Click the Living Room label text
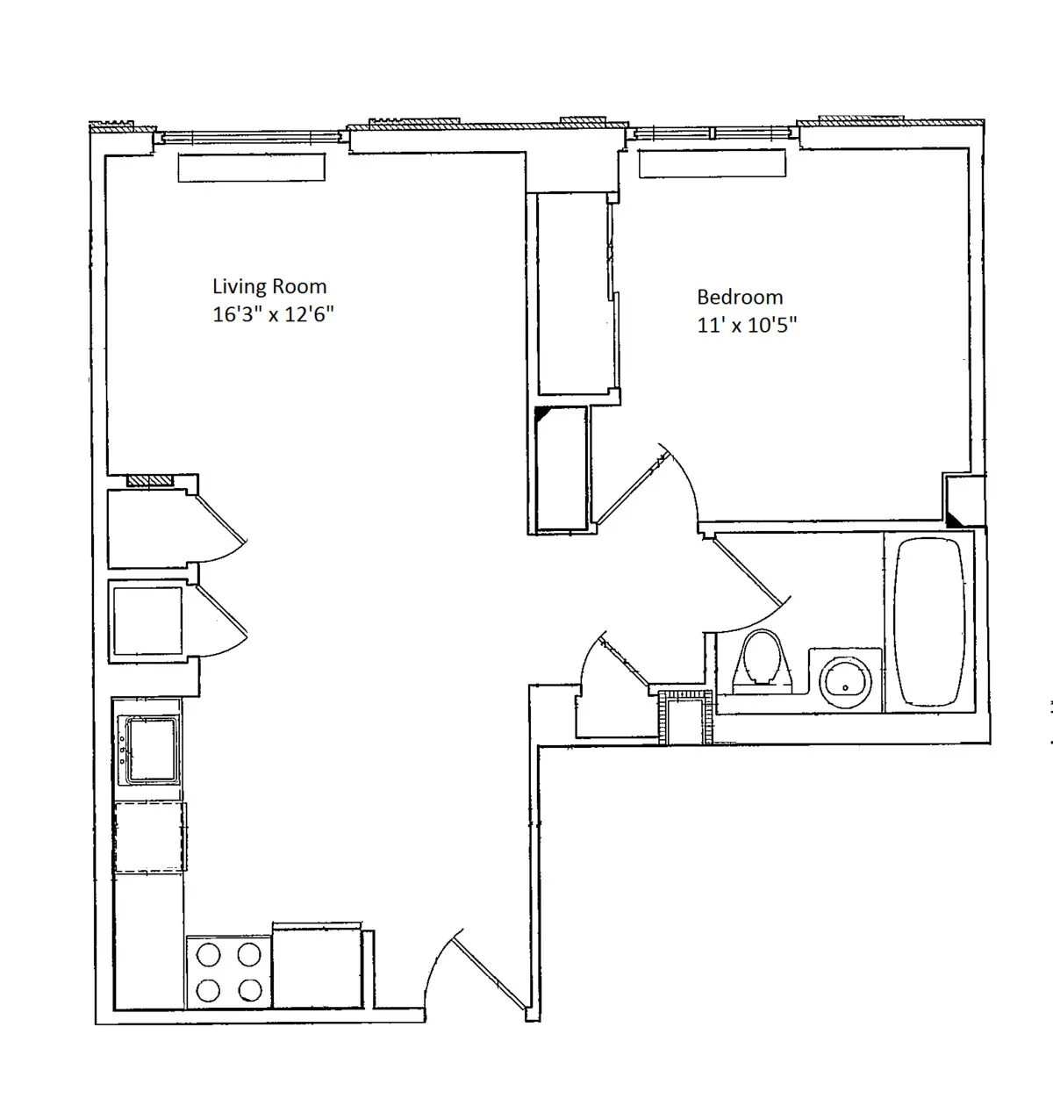click(269, 286)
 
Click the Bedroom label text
click(739, 297)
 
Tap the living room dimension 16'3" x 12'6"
click(273, 314)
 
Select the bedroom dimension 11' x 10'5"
click(747, 325)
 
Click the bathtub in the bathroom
click(930, 621)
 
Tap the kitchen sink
click(151, 751)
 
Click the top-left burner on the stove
click(208, 954)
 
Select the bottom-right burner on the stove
click(250, 990)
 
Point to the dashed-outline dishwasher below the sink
click(150, 836)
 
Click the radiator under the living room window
click(251, 167)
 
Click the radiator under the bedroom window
click(711, 163)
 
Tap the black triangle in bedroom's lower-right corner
click(956, 518)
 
